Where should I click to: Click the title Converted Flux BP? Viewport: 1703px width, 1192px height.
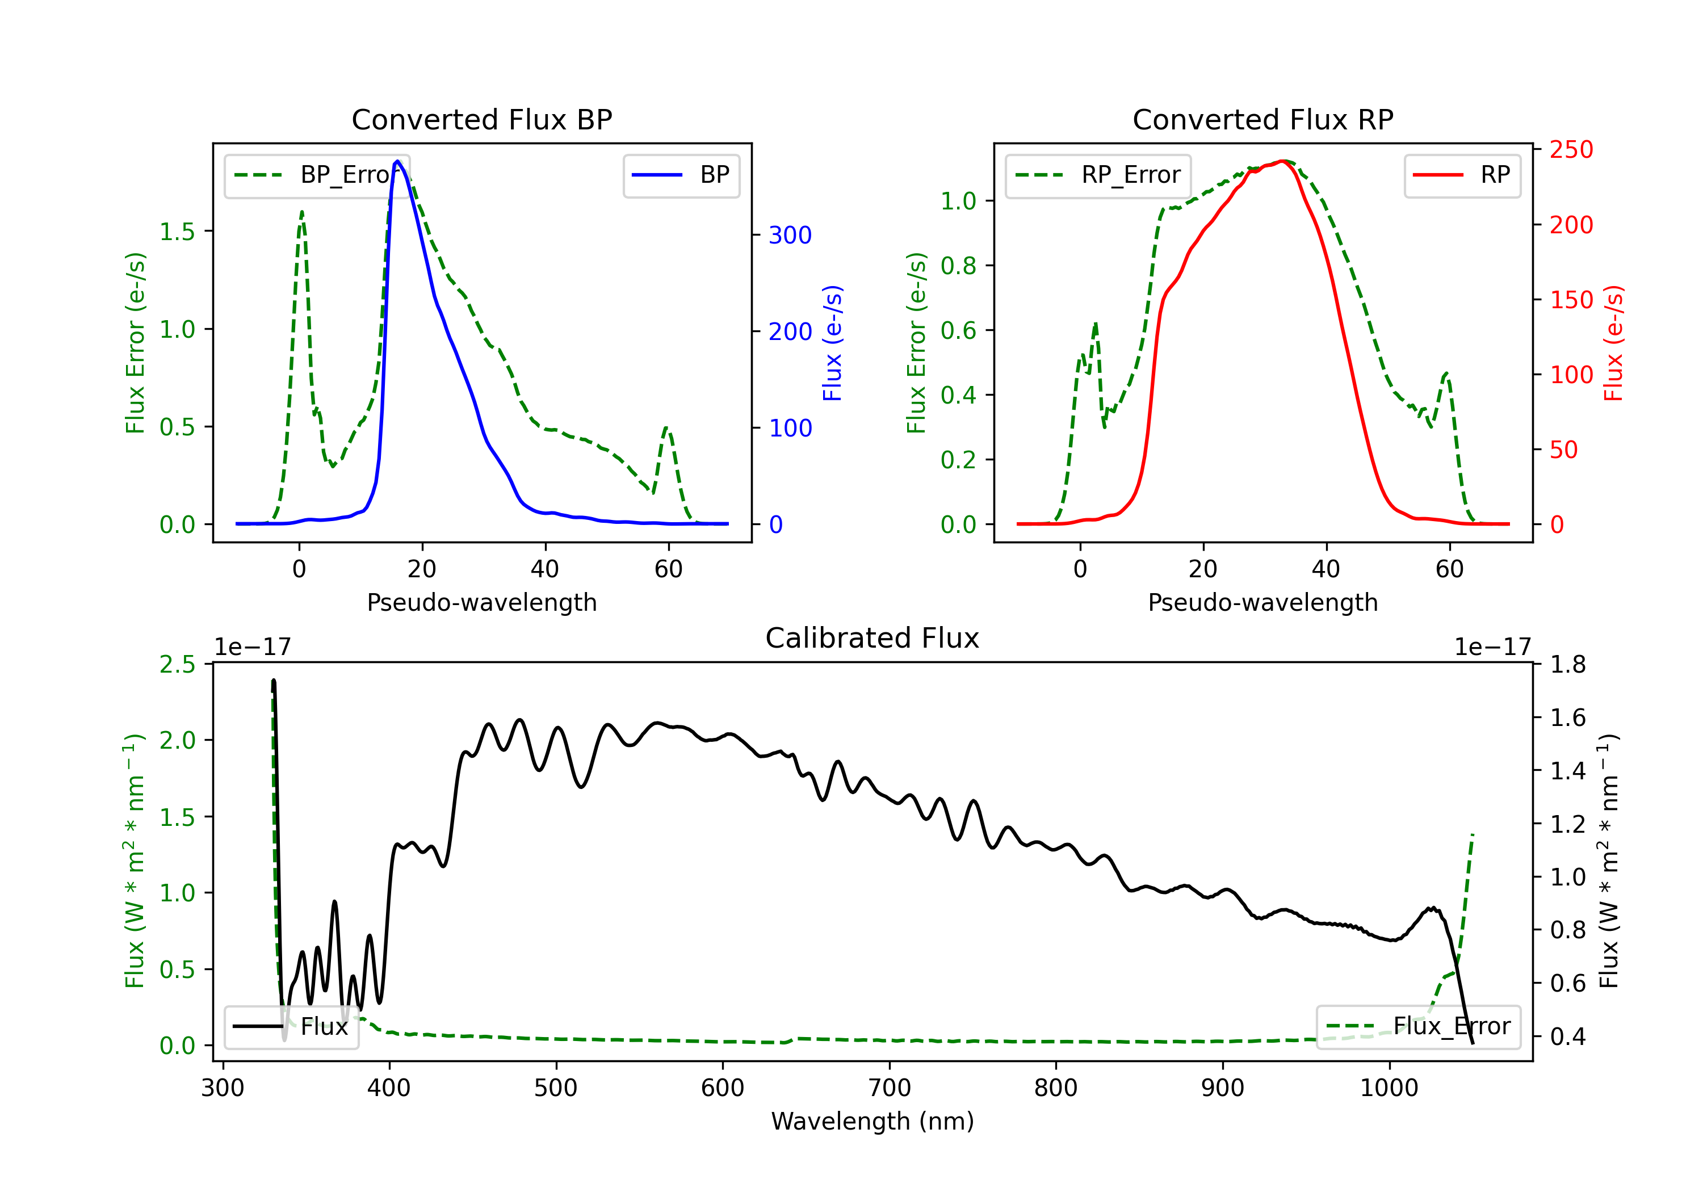[481, 119]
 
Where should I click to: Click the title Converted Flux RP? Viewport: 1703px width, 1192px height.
[1262, 119]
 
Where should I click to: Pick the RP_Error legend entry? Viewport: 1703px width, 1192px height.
[1098, 175]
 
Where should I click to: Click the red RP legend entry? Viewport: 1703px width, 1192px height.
[1462, 175]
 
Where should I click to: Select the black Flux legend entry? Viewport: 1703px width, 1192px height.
[292, 1027]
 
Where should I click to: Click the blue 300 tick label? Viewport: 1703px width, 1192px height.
[790, 235]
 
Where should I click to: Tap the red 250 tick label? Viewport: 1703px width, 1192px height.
[1571, 150]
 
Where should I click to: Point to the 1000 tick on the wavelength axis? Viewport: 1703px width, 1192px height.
[1389, 1088]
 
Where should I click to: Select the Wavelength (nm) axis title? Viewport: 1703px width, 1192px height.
[873, 1121]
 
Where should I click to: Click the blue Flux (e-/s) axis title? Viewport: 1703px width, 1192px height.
[832, 343]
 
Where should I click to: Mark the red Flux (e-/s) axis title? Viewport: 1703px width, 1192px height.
[1613, 343]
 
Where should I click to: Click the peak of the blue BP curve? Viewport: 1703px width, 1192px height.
[397, 161]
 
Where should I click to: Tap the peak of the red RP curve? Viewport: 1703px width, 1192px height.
[1282, 161]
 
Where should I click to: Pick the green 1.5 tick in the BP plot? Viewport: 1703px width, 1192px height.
[177, 232]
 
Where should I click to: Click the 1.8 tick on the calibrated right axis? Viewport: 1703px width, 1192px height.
[1567, 665]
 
